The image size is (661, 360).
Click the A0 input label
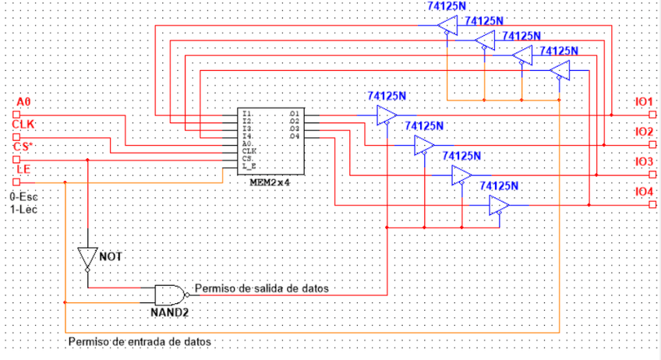(x=23, y=101)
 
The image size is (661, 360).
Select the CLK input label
(x=26, y=124)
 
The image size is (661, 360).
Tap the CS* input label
(x=26, y=146)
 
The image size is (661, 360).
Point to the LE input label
(x=23, y=168)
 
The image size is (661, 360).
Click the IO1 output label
(x=643, y=102)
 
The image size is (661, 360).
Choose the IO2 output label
(x=643, y=132)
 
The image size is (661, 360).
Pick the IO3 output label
(x=643, y=161)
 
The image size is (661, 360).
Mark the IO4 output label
(x=643, y=191)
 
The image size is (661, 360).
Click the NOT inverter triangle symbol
(x=88, y=258)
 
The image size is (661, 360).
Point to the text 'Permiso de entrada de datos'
(x=140, y=341)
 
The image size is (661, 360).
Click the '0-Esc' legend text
(x=23, y=197)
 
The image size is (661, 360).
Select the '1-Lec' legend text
(x=23, y=210)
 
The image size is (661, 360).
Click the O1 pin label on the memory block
(x=294, y=115)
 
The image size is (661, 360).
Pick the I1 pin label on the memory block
(x=247, y=115)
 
